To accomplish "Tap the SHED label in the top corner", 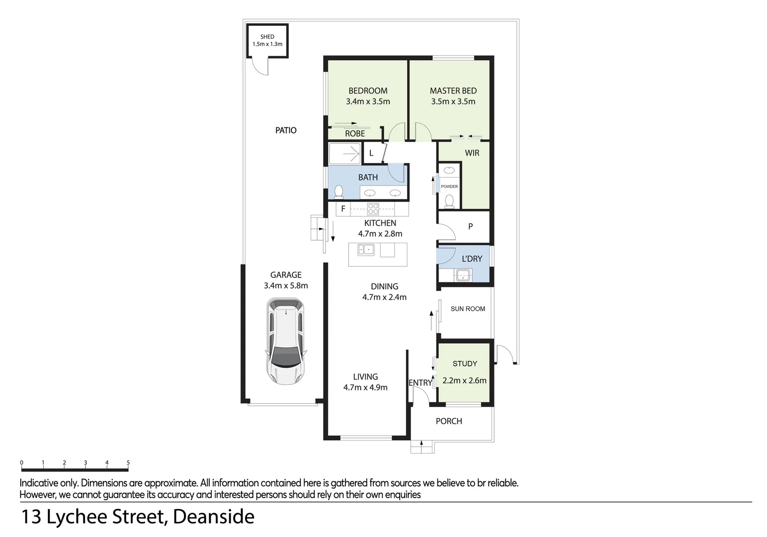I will [267, 37].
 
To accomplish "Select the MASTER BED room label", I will [453, 90].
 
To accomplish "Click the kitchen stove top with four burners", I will [373, 209].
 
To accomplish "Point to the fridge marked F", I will [343, 209].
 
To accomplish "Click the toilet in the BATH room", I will [339, 191].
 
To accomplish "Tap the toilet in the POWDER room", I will [449, 200].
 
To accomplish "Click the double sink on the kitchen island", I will [366, 250].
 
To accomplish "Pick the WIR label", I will [472, 153].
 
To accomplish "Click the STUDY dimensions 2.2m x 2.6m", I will [464, 381].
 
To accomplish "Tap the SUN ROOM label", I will [468, 309].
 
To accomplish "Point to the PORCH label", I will [449, 421].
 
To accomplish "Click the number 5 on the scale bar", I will [128, 463].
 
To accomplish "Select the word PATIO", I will [286, 130].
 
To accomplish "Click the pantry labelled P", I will [470, 227].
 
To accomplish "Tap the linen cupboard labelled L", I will [371, 153].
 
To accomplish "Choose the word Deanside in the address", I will [214, 517].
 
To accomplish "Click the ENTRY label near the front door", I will [421, 382].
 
